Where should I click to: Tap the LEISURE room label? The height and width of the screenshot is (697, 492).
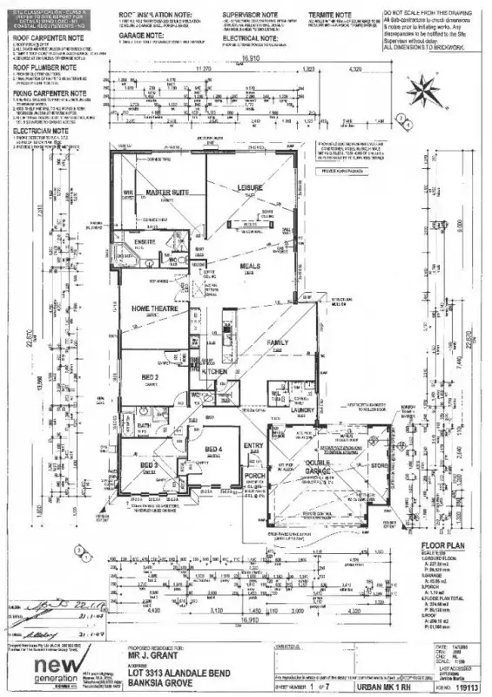point(251,187)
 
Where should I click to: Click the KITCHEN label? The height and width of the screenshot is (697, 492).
point(215,372)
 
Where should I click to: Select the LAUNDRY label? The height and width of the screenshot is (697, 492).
point(302,409)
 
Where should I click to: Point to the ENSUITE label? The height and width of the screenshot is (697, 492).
point(144,243)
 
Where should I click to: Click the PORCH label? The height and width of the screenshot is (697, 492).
point(253,476)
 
